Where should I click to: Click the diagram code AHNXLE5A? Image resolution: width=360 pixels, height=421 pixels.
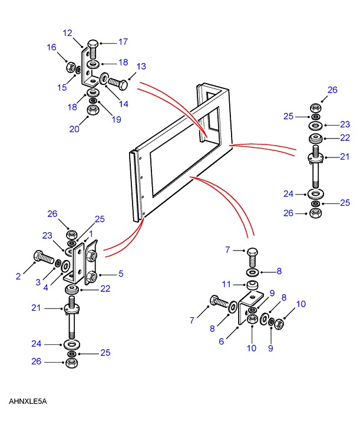coord(28,401)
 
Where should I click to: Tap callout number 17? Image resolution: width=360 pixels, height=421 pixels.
coord(123,42)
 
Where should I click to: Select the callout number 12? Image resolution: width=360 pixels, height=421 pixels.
coord(68,33)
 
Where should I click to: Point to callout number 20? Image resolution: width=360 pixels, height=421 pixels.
coord(74,129)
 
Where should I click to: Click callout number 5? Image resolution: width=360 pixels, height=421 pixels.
coord(121,274)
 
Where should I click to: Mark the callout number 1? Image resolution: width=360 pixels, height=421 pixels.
coord(91,234)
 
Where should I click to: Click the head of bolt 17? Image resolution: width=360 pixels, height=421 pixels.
coord(93,44)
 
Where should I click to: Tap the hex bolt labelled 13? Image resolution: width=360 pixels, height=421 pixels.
coord(118,84)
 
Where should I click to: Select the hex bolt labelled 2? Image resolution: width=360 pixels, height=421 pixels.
coord(44,257)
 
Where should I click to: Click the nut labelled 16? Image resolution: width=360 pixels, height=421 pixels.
coord(70,67)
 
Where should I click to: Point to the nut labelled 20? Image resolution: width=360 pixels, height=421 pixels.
coord(93,110)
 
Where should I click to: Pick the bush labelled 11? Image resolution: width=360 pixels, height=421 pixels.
coord(252,285)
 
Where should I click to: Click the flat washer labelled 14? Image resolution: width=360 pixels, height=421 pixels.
coord(103,78)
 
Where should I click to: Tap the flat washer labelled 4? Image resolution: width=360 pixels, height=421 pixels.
coord(65,266)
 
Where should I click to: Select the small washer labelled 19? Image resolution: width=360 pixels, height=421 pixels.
coord(93,100)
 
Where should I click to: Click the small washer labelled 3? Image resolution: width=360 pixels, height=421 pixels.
coord(58,263)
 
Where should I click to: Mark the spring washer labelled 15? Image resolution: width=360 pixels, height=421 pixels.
coord(78,70)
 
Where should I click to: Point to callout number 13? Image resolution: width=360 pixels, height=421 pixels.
coord(141,66)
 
